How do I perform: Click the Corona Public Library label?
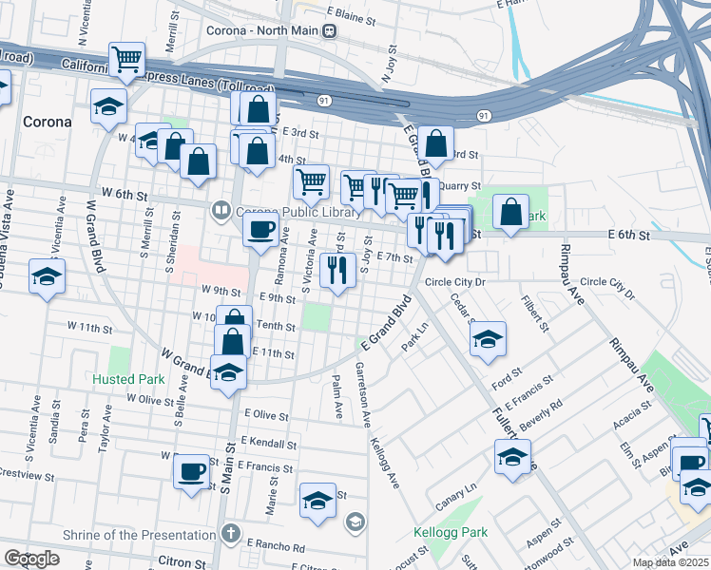click(x=286, y=209)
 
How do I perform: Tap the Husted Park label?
click(x=128, y=379)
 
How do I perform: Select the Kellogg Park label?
click(x=449, y=532)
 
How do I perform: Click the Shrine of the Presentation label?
click(x=139, y=535)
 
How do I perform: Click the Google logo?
click(x=31, y=559)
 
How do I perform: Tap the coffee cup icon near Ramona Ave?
click(x=261, y=229)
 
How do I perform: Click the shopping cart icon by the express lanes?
click(x=125, y=60)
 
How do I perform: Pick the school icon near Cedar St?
click(x=488, y=340)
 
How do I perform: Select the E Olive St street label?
click(x=265, y=415)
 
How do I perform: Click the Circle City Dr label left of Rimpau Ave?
click(x=454, y=282)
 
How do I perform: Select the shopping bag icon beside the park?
click(x=511, y=214)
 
